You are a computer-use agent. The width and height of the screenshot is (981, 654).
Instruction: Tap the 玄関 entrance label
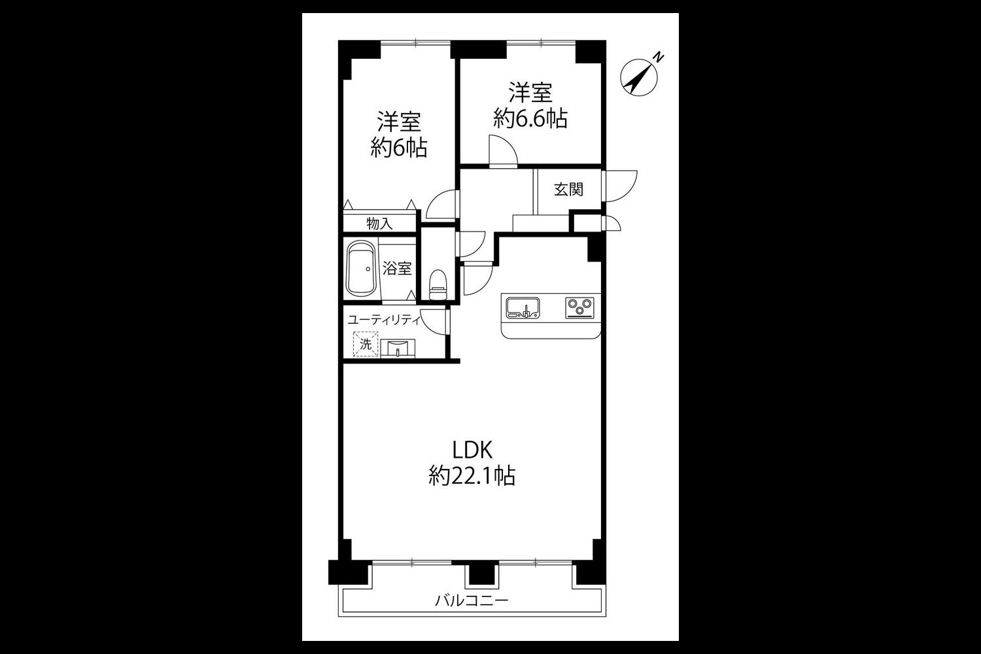(x=568, y=190)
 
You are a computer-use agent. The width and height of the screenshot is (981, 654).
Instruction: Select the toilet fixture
(x=438, y=284)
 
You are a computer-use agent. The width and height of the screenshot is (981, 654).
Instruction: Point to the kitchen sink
(x=523, y=307)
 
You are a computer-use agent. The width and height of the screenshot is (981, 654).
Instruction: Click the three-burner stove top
(x=580, y=307)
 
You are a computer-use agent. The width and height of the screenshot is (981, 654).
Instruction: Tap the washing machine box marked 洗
(x=365, y=344)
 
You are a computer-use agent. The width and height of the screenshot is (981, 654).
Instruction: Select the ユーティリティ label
(x=384, y=320)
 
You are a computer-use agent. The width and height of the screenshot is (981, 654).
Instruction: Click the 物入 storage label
(x=379, y=224)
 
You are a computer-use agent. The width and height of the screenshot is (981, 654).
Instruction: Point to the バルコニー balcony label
(x=472, y=600)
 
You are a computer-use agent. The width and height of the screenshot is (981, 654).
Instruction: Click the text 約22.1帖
(x=472, y=475)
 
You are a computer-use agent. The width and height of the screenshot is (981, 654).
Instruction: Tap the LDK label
(x=473, y=451)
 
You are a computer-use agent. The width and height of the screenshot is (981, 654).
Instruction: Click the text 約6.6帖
(x=530, y=118)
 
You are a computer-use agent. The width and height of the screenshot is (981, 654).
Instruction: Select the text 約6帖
(x=399, y=148)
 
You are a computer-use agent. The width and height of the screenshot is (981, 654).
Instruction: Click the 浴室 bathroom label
(x=397, y=268)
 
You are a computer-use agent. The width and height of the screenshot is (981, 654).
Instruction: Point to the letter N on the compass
(x=658, y=58)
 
